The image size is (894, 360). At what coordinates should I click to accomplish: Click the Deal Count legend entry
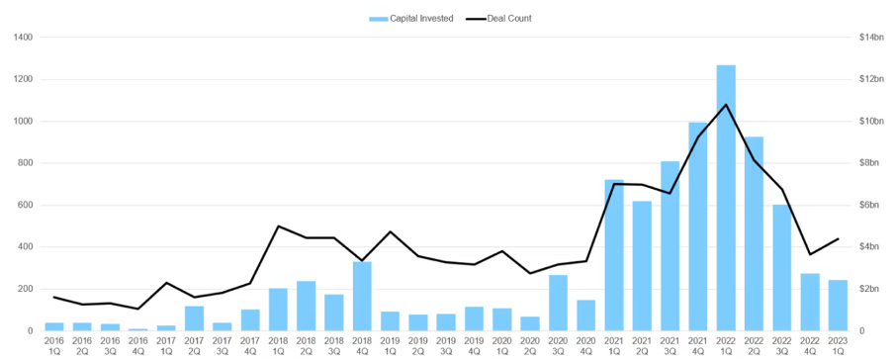pos(506,18)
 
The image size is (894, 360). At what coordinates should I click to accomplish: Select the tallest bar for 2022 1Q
pos(726,198)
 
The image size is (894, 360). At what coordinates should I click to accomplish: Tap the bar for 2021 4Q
pos(698,226)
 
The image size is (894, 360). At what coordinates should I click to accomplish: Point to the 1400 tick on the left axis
pos(23,38)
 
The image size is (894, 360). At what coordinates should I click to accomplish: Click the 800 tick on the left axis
pos(25,163)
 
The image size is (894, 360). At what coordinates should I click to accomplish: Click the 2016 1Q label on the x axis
pos(54,344)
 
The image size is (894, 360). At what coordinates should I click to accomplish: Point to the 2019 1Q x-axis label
pos(390,344)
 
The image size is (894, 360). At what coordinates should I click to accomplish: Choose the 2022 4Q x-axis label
pos(810,344)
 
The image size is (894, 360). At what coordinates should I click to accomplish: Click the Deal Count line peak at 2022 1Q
pos(726,104)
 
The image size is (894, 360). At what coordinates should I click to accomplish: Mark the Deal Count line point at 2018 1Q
pos(278,226)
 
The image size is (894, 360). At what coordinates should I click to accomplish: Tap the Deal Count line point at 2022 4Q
pos(810,254)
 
